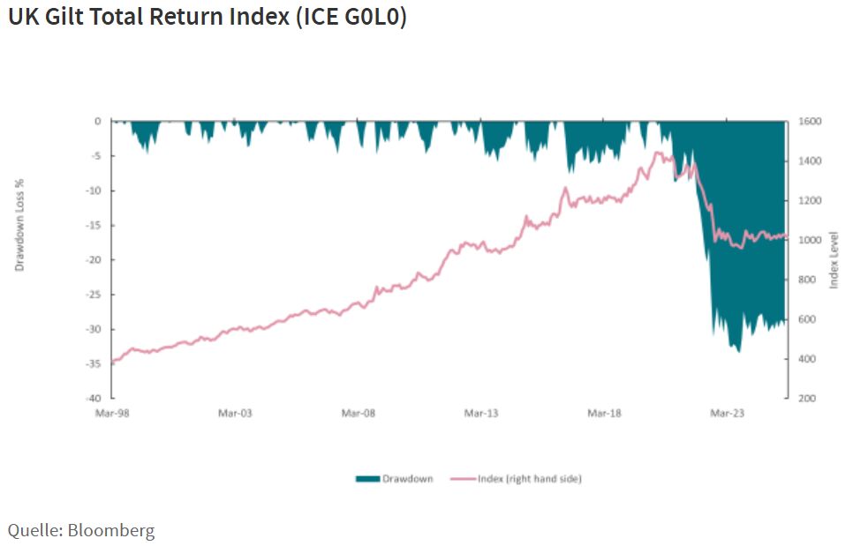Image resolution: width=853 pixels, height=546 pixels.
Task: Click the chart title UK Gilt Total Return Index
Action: (x=207, y=18)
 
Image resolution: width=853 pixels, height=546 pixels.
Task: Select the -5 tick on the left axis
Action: (x=96, y=156)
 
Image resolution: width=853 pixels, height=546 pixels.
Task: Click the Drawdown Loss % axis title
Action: (x=19, y=224)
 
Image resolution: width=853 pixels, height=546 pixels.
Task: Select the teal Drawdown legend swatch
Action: (x=367, y=479)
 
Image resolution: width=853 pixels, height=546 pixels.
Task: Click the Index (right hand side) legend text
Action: (x=529, y=479)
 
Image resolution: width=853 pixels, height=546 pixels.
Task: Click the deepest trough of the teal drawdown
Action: (x=738, y=350)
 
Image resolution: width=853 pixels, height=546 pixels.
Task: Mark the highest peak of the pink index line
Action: (x=657, y=153)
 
